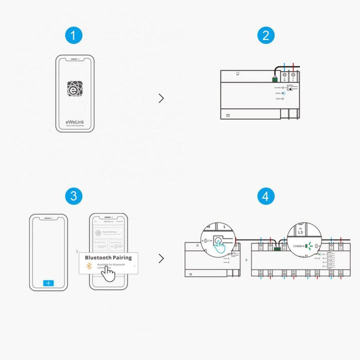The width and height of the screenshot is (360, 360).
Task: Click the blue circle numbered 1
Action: click(73, 35)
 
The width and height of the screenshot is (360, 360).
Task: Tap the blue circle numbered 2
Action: click(266, 35)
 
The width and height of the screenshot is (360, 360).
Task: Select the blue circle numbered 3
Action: click(73, 195)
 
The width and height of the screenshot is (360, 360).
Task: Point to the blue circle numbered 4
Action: click(266, 195)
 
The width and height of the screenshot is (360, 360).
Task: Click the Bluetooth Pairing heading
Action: click(108, 257)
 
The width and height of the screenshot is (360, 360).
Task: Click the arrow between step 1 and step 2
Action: click(161, 98)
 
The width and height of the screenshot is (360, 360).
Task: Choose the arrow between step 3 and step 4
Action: click(161, 258)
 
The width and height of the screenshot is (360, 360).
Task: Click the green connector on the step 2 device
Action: click(274, 78)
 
